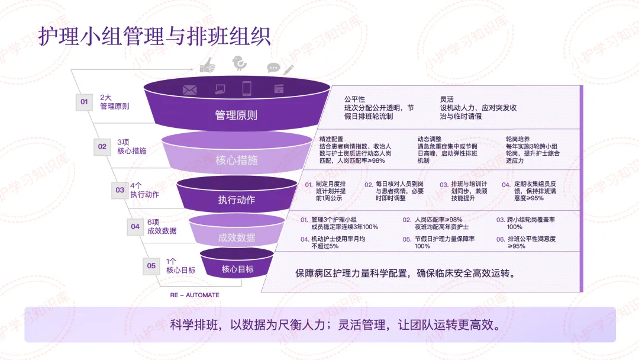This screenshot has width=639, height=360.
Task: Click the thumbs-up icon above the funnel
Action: coord(207,65)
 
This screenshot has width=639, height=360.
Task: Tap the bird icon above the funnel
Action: coord(239,63)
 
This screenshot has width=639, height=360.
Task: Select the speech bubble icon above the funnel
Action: coord(273,67)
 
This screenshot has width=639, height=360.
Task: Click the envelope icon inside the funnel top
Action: coord(189,90)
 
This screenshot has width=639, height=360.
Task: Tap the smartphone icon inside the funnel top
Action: coord(246,89)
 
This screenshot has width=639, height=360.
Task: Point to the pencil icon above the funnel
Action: coord(288,69)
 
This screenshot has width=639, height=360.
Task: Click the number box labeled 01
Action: coord(84,102)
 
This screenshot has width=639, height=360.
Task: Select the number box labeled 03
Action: coord(120,190)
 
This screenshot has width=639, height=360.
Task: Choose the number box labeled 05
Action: coord(151,266)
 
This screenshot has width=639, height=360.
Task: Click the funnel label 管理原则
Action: coord(236,115)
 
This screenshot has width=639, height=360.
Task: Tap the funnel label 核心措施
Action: coord(236,160)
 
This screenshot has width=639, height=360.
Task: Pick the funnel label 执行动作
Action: coord(236,200)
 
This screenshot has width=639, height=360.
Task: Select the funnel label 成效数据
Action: coord(236,237)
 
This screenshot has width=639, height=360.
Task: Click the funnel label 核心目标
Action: coord(237,269)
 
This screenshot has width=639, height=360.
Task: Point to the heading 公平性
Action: coord(354,99)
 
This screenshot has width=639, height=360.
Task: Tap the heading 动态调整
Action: coord(429,139)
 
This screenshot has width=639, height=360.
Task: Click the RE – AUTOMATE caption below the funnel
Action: coord(195,295)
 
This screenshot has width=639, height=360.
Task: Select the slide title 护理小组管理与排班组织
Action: coord(155,36)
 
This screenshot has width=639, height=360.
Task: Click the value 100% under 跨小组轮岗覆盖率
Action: coord(515,227)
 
